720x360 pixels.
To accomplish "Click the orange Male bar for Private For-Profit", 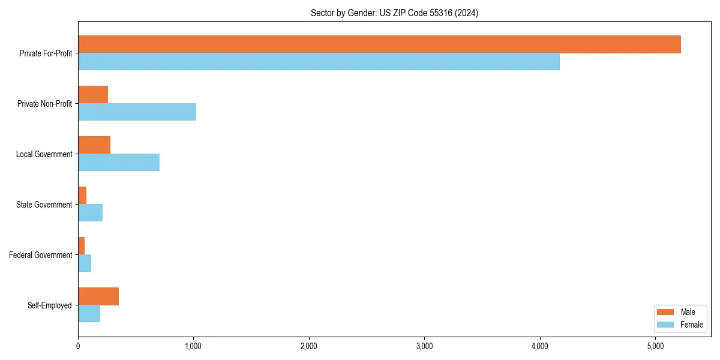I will (x=379, y=44).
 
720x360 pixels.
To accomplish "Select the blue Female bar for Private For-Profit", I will (x=319, y=62).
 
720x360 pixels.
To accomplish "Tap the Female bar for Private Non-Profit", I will (x=137, y=112).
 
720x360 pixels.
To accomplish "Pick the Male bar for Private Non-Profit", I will (x=93, y=95).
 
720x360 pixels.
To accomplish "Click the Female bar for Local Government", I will (x=119, y=163).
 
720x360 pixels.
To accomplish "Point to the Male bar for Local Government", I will (x=94, y=145).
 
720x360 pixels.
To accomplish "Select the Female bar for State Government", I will (x=91, y=213).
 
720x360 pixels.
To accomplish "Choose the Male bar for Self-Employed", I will (x=98, y=296).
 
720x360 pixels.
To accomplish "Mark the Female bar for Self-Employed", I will (x=89, y=314).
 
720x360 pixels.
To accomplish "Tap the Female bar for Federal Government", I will (x=85, y=263).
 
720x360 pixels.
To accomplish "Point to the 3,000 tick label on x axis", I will (x=424, y=346).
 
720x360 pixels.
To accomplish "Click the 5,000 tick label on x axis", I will (x=655, y=346).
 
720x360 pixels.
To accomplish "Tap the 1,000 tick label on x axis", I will (x=193, y=346).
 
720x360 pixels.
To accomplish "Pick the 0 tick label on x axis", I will (x=78, y=346).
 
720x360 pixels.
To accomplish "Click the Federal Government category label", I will (x=41, y=255).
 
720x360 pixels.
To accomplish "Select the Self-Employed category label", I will (x=50, y=305).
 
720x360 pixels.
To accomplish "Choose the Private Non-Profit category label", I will (x=44, y=104).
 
